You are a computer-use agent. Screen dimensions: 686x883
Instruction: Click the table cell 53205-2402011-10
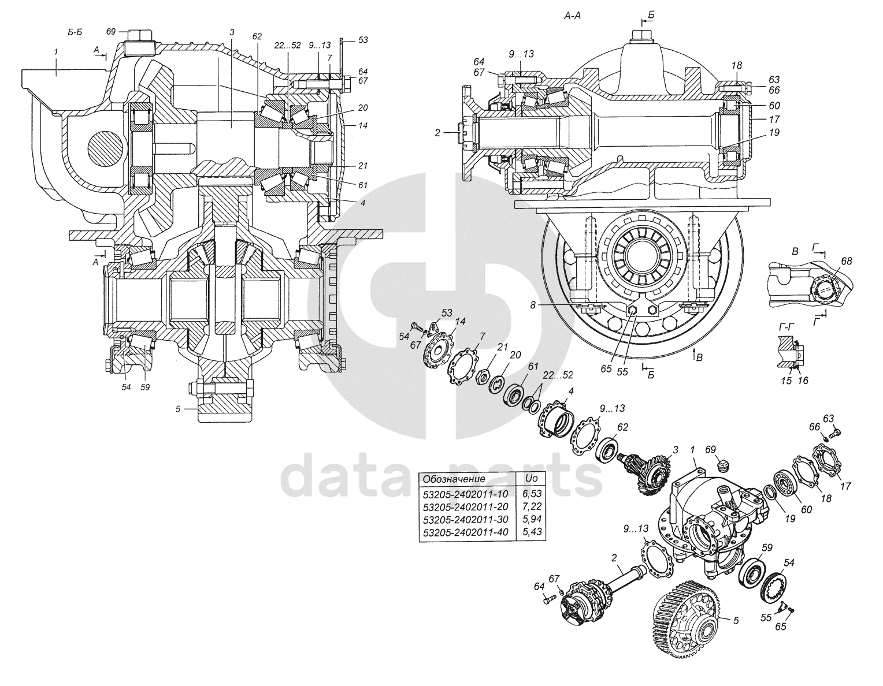coord(465,494)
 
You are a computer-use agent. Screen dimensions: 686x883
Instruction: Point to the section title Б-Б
coord(75,32)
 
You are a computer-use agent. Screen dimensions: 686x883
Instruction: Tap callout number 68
coord(847,261)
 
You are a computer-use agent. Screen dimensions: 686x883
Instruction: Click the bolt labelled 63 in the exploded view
coord(836,432)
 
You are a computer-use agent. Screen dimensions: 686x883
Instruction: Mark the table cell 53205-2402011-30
coord(465,519)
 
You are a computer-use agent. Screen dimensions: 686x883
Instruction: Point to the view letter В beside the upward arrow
coord(700,358)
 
